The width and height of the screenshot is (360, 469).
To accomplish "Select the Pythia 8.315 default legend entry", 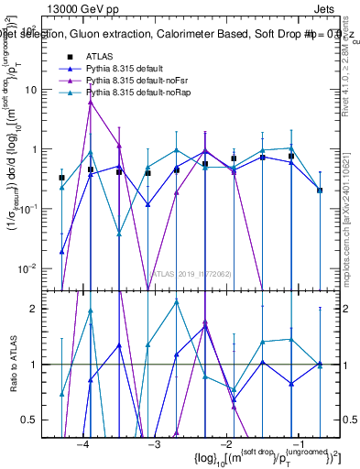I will [125, 69].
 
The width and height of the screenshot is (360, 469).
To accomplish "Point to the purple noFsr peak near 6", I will [90, 103].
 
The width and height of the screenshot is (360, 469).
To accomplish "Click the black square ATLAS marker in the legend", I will [69, 57].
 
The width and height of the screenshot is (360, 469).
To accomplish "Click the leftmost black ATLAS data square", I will [61, 178].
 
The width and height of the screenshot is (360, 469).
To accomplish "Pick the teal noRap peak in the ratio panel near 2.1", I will [176, 301].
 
